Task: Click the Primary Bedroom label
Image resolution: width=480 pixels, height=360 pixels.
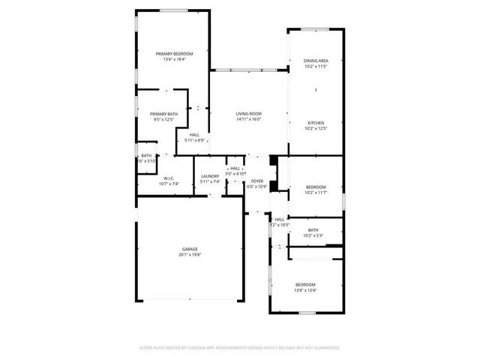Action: pyautogui.click(x=174, y=53)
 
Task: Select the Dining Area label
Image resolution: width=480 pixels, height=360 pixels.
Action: pyautogui.click(x=316, y=61)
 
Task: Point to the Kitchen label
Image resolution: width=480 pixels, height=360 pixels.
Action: pyautogui.click(x=316, y=122)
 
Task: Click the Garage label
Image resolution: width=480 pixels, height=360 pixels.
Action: pyautogui.click(x=190, y=249)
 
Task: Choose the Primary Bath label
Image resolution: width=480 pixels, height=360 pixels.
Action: pyautogui.click(x=163, y=113)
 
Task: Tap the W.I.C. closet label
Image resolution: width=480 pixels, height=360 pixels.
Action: pyautogui.click(x=169, y=178)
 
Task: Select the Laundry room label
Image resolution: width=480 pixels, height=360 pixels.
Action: pyautogui.click(x=210, y=175)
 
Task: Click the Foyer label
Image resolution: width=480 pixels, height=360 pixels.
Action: pyautogui.click(x=257, y=181)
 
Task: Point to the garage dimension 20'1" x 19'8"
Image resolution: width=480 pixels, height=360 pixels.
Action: pyautogui.click(x=190, y=255)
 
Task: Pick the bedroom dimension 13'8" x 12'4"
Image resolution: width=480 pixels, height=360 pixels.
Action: pyautogui.click(x=305, y=290)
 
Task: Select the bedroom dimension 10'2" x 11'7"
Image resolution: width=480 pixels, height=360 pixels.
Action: pyautogui.click(x=316, y=193)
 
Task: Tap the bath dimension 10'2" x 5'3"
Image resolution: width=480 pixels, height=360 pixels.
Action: pyautogui.click(x=313, y=235)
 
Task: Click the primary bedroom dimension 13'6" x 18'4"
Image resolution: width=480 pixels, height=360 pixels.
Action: pyautogui.click(x=174, y=59)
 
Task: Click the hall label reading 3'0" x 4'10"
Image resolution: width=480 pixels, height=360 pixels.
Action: pyautogui.click(x=235, y=173)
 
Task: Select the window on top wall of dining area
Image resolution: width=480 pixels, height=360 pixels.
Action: pyautogui.click(x=316, y=29)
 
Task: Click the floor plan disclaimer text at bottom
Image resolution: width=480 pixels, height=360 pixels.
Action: pyautogui.click(x=240, y=347)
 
